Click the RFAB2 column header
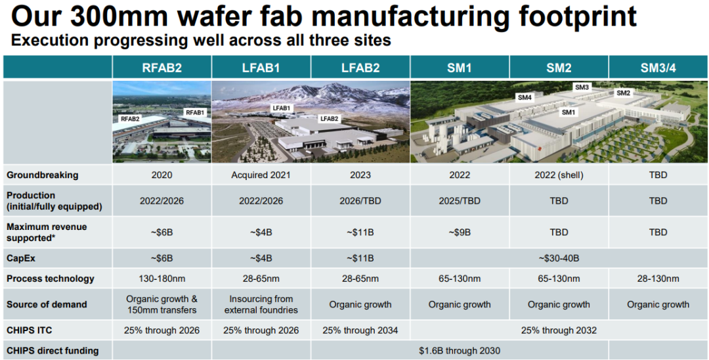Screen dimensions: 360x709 (161, 67)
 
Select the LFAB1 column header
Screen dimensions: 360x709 (261, 67)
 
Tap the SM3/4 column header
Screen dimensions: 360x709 (658, 67)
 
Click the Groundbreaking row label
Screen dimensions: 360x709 (42, 175)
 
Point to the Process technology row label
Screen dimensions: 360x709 (50, 279)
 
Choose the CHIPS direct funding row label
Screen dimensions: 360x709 (53, 351)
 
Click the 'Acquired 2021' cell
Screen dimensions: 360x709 (261, 175)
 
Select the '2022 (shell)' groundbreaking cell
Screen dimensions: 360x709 (559, 175)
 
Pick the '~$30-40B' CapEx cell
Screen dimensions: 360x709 (559, 258)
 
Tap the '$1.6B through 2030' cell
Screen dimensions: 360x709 (460, 351)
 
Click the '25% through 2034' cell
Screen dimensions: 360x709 (360, 330)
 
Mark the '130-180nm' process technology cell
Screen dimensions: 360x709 (161, 279)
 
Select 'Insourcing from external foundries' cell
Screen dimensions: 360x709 (261, 304)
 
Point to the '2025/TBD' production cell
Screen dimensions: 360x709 (460, 201)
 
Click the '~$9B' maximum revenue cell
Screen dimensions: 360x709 (460, 232)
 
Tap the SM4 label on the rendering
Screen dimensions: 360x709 (525, 98)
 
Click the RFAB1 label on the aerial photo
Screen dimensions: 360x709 (195, 112)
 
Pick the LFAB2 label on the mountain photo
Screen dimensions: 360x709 (328, 119)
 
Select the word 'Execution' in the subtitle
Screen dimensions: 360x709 (49, 40)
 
